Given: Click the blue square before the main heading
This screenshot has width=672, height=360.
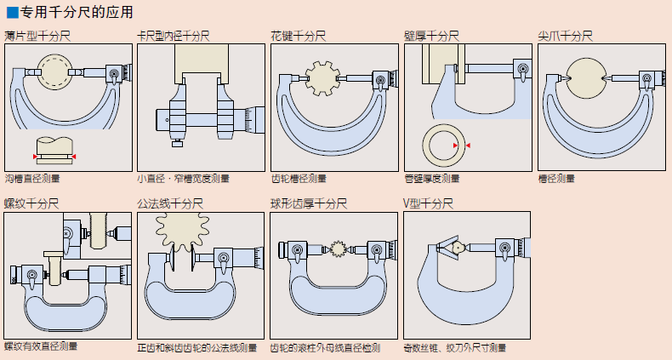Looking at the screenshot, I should pyautogui.click(x=13, y=13).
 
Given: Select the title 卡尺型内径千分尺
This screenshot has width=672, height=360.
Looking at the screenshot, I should pyautogui.click(x=174, y=37).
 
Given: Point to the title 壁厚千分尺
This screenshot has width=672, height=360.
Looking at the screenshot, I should pyautogui.click(x=432, y=37).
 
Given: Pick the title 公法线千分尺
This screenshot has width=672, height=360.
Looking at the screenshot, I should pyautogui.click(x=170, y=204).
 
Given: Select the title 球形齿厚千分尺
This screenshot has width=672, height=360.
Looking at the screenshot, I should pyautogui.click(x=309, y=204).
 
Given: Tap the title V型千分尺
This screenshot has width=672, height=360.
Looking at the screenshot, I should pyautogui.click(x=428, y=204).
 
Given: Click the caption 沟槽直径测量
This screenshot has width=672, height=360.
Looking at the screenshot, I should pyautogui.click(x=32, y=179).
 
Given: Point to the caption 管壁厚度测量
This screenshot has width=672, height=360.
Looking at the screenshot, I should pyautogui.click(x=432, y=179).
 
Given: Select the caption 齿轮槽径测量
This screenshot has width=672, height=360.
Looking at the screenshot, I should pyautogui.click(x=299, y=179).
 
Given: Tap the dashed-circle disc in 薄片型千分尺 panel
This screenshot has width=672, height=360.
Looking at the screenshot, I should pyautogui.click(x=58, y=72).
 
